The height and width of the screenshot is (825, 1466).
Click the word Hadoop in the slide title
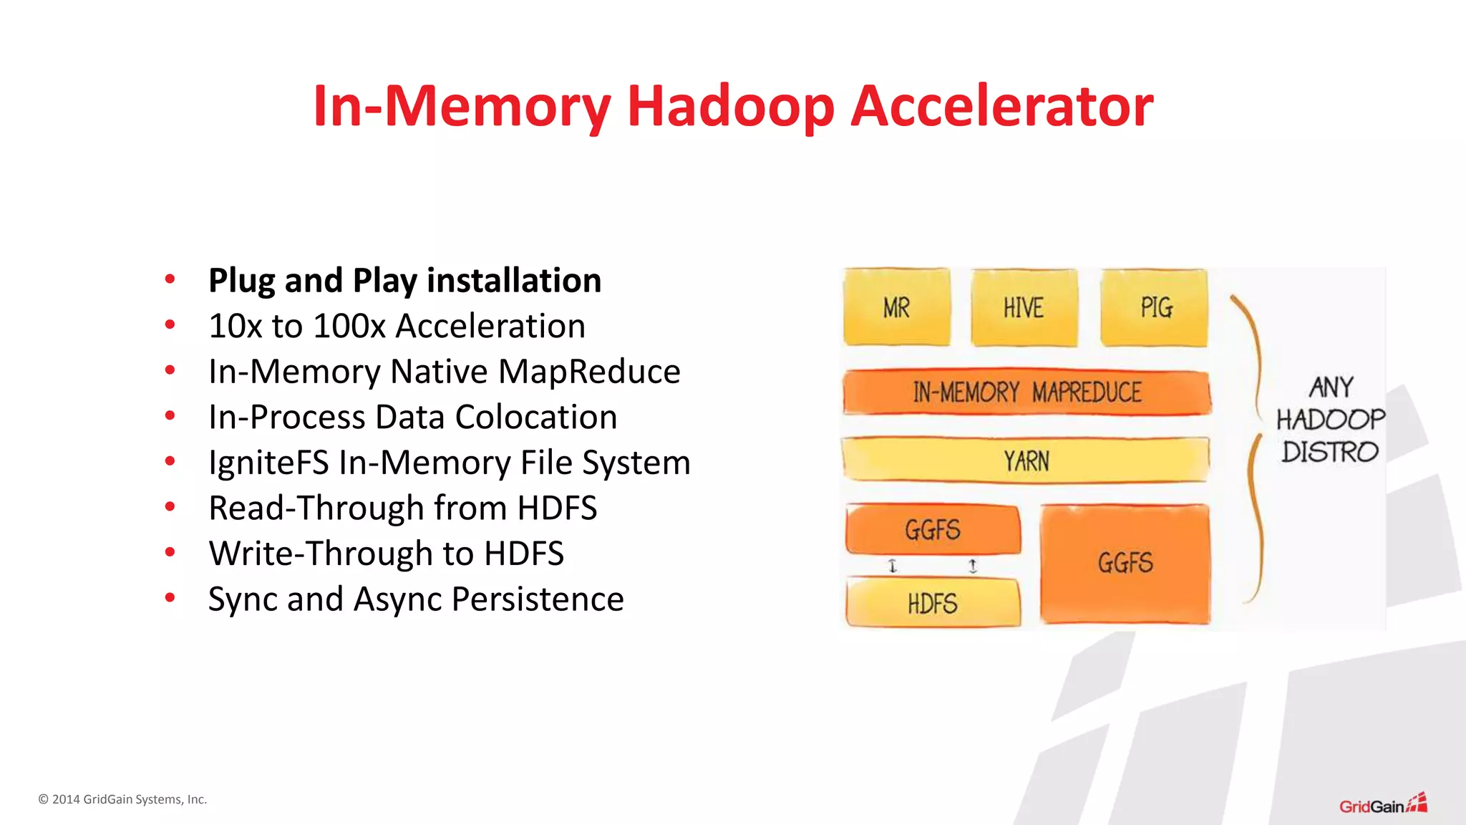point(730,106)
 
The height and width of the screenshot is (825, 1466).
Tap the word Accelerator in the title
point(1001,106)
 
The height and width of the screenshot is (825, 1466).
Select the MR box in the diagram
point(896,307)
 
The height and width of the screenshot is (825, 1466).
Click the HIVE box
point(1024,307)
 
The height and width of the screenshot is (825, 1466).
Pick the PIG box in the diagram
point(1155,307)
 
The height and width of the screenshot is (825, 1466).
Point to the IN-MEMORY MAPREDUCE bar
point(1026,392)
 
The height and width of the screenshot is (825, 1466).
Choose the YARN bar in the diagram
point(1026,460)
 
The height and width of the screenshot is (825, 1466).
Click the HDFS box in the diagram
point(932,604)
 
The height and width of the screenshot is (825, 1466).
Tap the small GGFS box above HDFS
point(932,530)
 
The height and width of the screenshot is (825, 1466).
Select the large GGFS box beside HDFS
point(1125,563)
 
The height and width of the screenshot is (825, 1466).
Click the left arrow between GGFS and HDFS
point(892,566)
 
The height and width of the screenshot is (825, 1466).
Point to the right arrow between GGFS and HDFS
point(972,566)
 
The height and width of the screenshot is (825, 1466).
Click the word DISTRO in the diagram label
point(1329,452)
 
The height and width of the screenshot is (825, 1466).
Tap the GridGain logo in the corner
point(1382,805)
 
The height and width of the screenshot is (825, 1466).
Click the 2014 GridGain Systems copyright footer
point(122,799)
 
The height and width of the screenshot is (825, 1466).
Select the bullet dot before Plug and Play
point(170,279)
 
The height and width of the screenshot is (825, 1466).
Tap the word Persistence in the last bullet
point(538,599)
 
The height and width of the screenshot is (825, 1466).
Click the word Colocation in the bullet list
point(535,417)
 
